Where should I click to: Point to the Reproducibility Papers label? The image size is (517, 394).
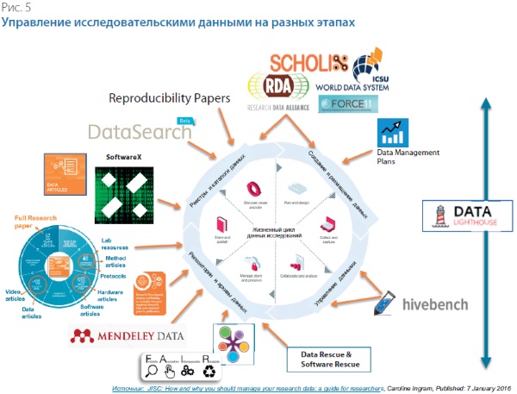[170, 98]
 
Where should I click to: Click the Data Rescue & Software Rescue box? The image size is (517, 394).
[329, 359]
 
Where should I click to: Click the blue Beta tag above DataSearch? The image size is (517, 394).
[183, 122]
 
